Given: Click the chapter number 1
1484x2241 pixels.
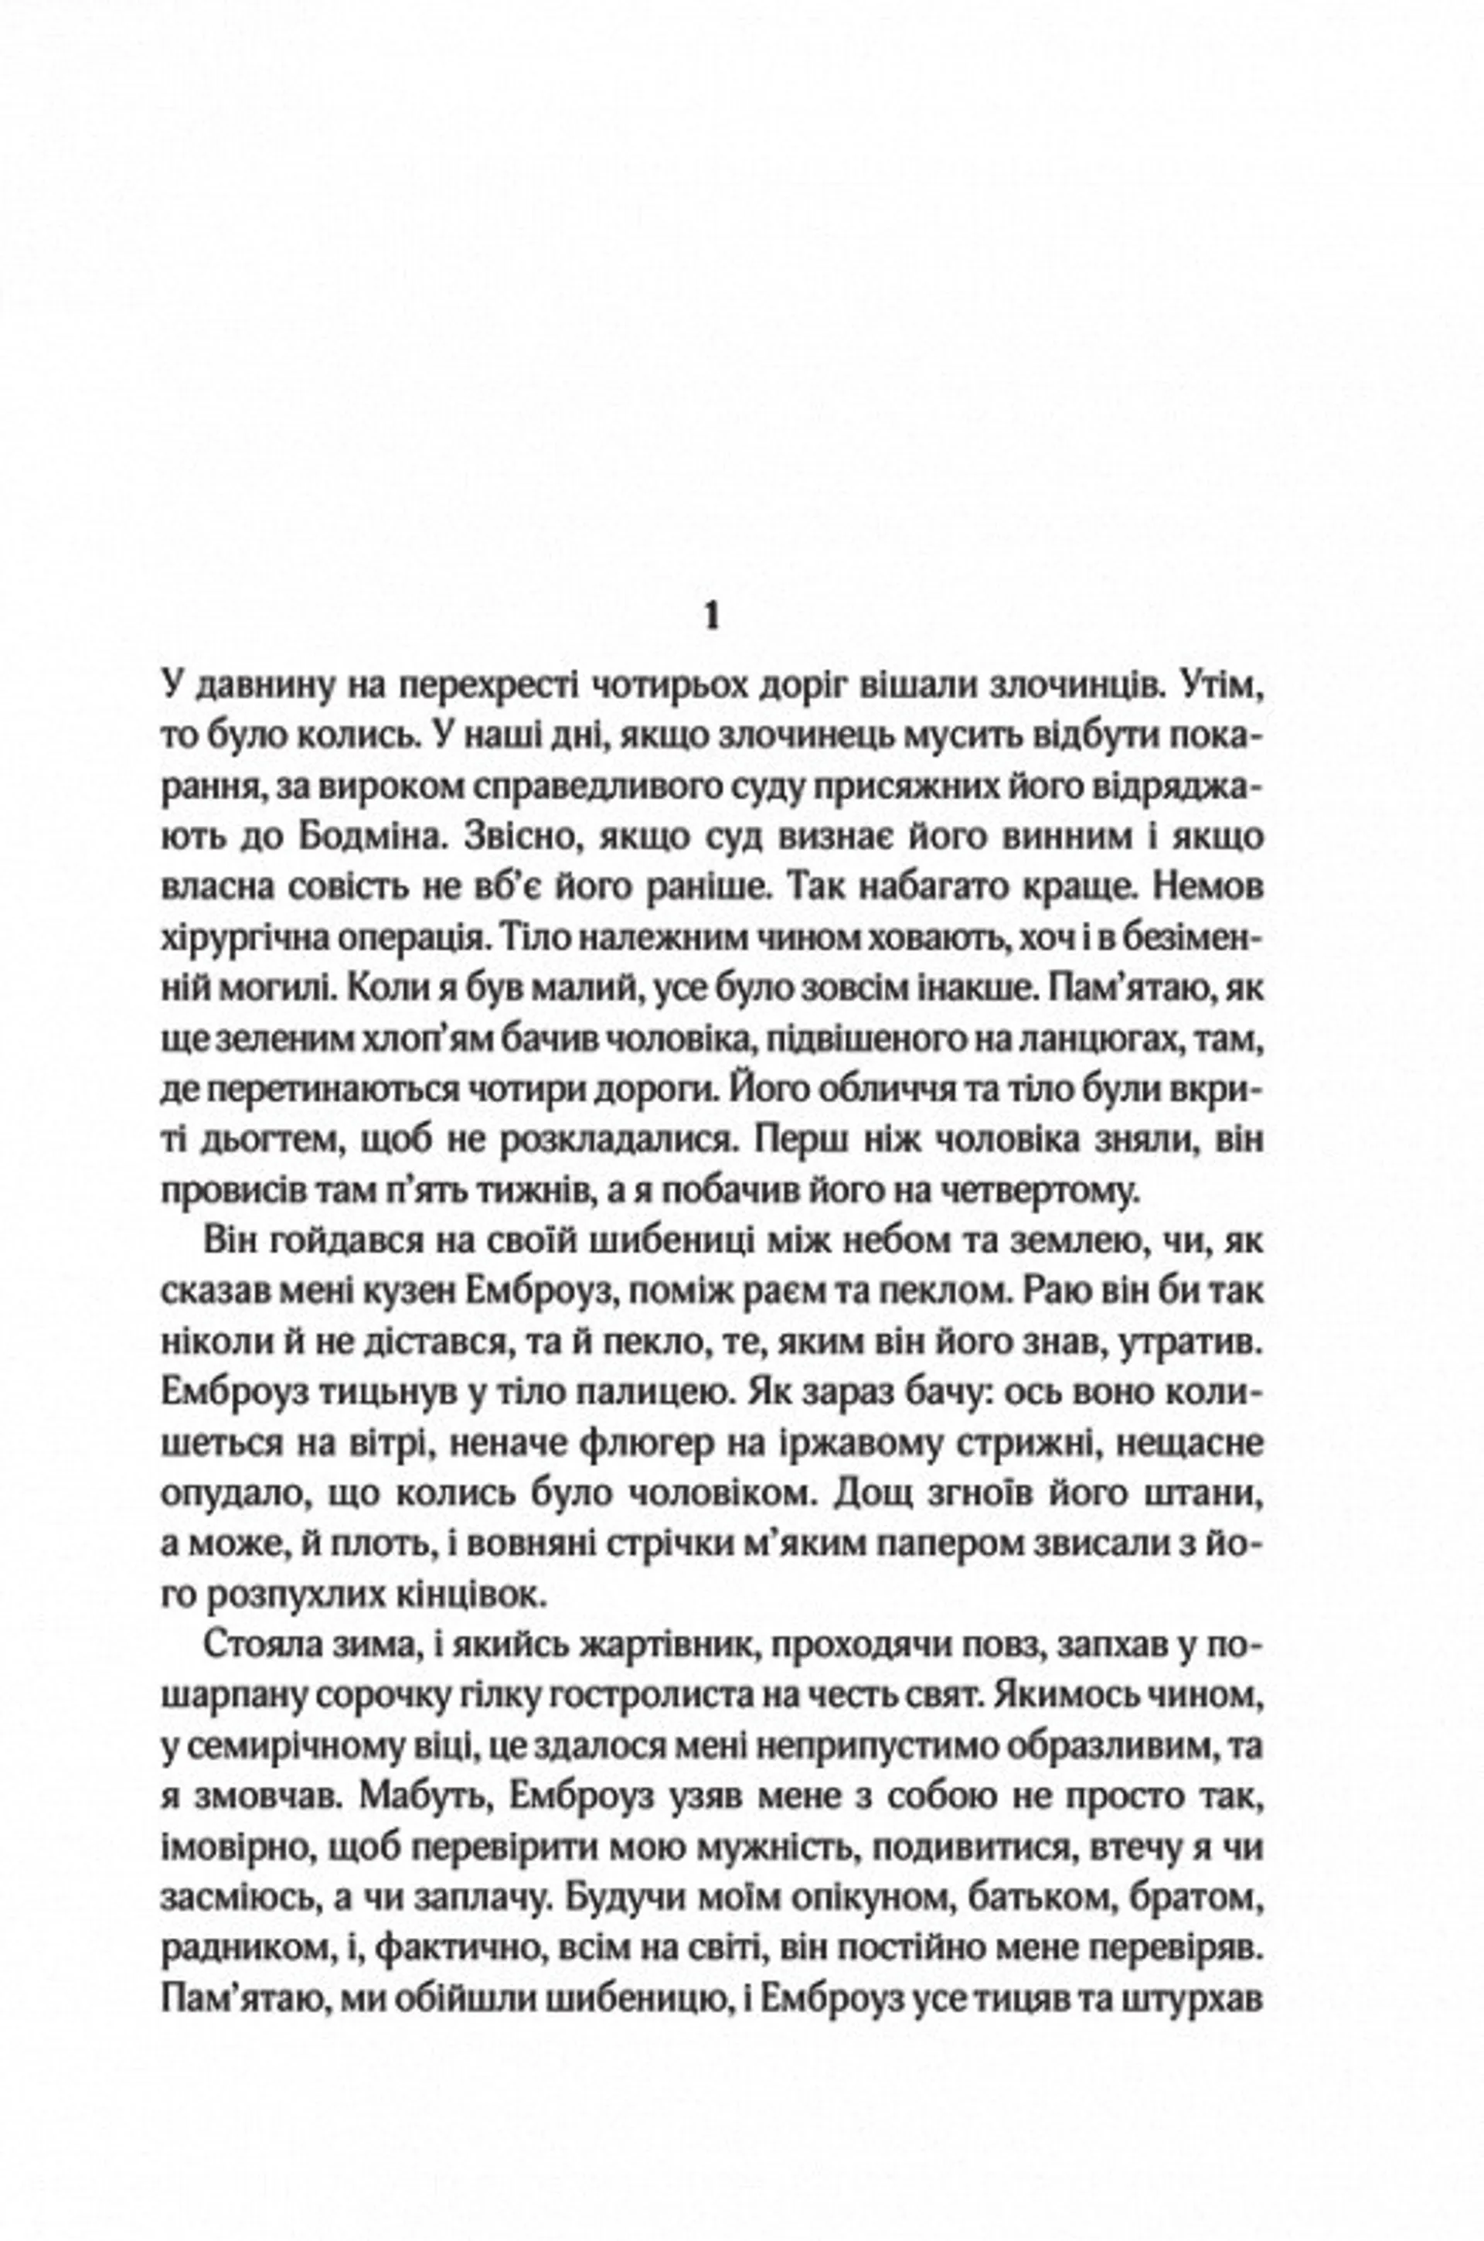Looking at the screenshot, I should [x=712, y=617].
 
